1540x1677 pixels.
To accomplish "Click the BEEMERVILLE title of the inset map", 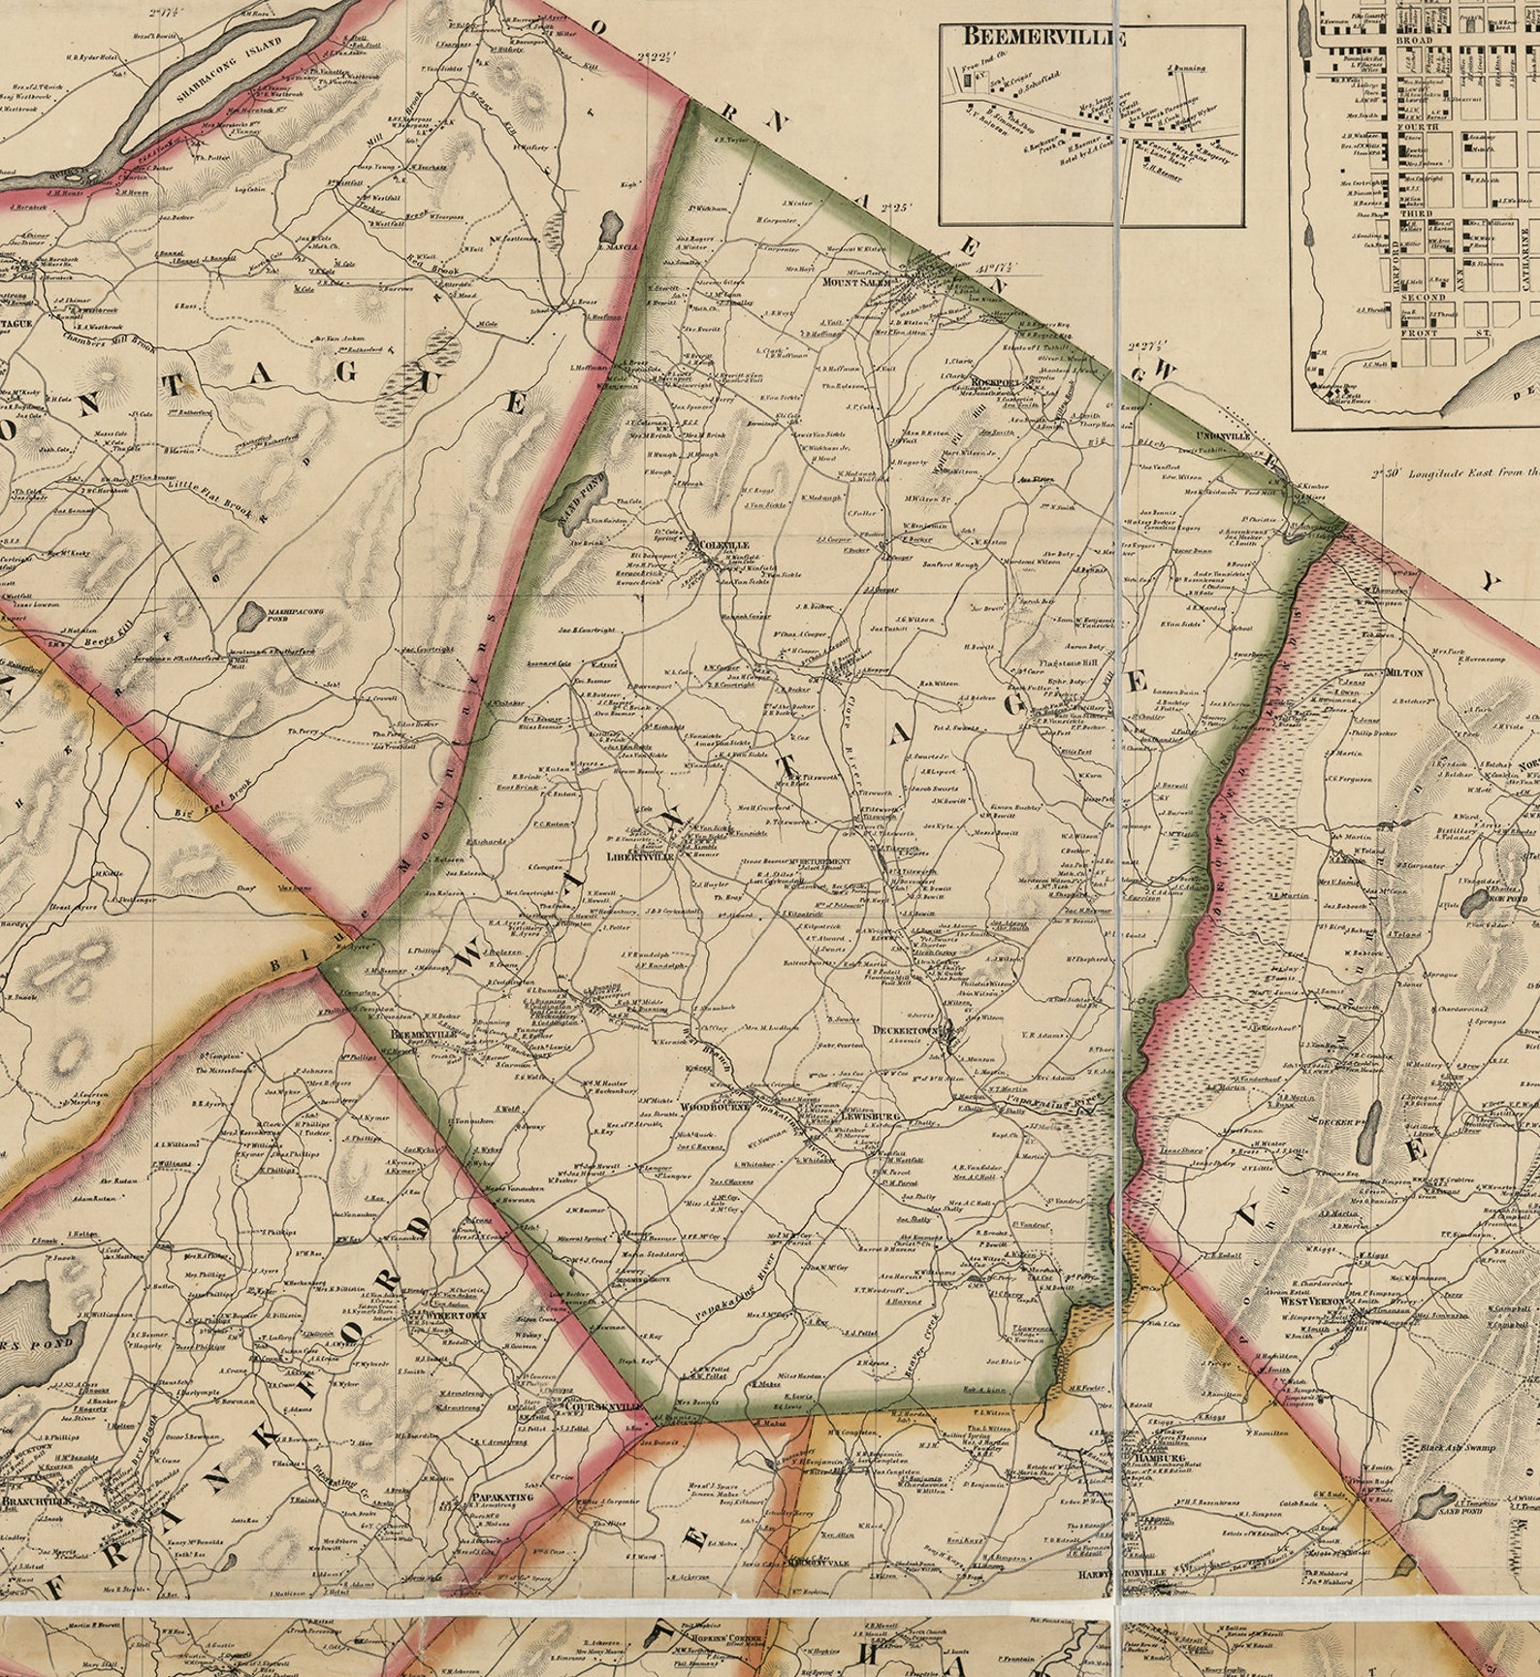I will (1043, 39).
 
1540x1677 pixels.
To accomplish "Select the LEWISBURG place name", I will (868, 1116).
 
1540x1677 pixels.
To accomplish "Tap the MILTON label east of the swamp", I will (1403, 671).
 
